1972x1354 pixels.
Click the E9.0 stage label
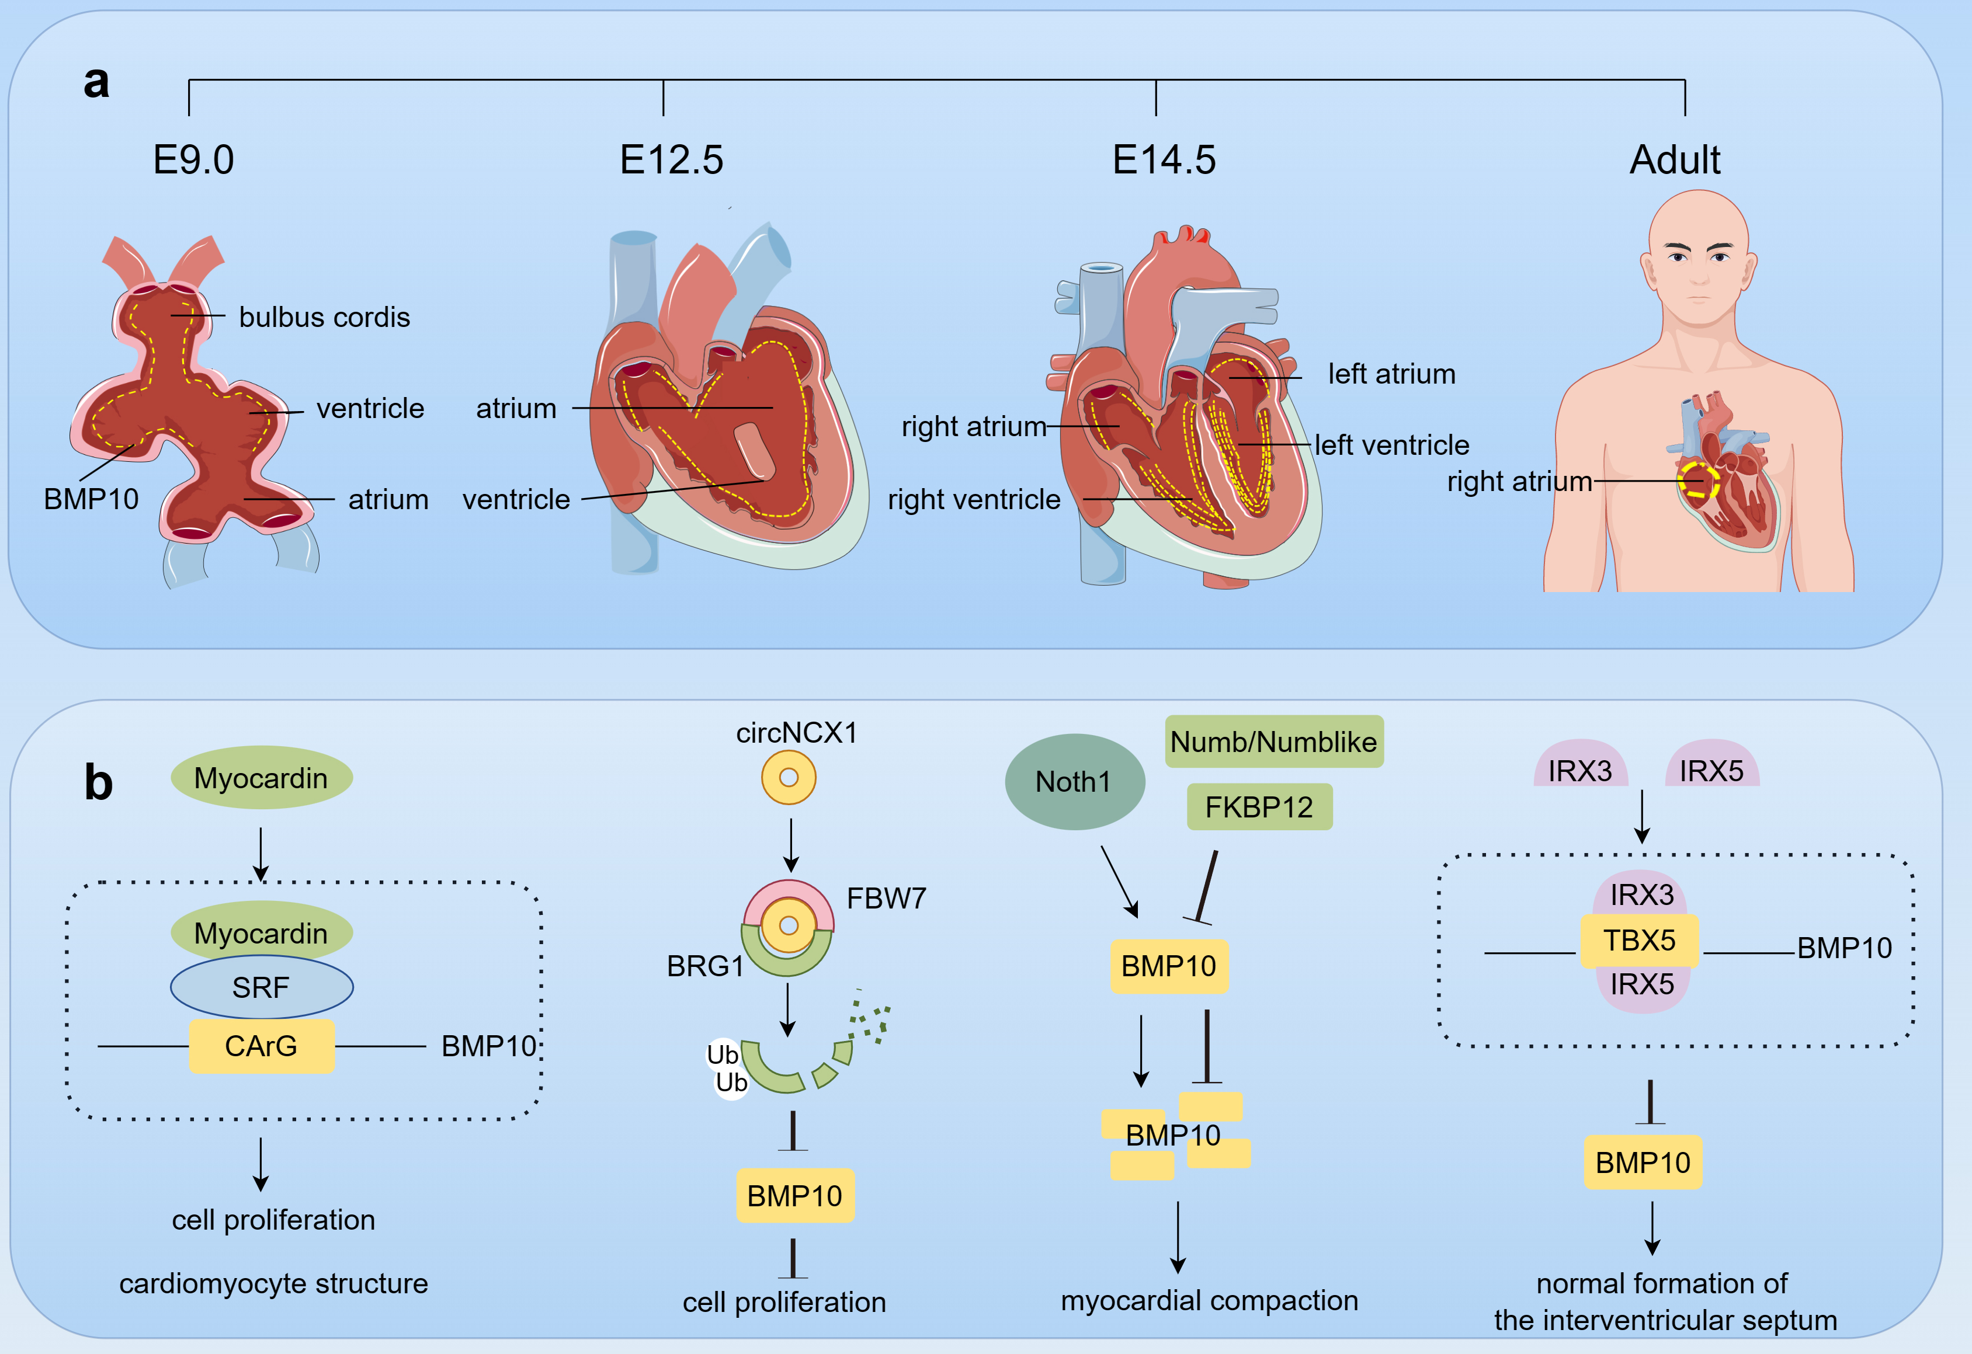193,159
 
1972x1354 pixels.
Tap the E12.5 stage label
671,159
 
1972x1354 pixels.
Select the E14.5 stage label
1164,159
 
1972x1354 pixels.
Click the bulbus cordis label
324,317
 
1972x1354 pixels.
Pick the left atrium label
1391,374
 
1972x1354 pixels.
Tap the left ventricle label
1391,445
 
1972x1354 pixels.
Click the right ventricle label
974,500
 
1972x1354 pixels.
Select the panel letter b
99,782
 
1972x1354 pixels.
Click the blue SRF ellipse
261,987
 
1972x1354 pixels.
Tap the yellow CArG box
261,1046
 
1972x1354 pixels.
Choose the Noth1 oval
1074,781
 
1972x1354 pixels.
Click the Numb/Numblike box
1273,742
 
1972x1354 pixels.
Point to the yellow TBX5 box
1640,941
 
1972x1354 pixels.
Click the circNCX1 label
796,733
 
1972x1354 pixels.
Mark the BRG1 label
705,966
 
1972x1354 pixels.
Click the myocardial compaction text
1209,1300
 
